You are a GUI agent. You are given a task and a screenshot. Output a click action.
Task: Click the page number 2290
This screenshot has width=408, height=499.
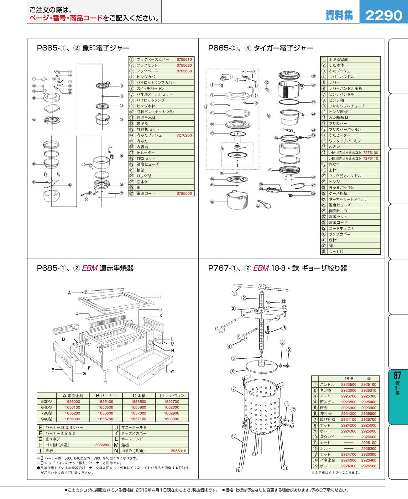383,16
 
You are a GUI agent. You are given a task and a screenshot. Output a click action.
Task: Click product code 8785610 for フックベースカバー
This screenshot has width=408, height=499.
184,60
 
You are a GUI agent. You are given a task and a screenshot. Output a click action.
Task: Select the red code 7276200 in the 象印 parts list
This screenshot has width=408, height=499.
184,135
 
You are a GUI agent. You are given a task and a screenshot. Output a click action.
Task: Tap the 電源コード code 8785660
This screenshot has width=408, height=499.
184,193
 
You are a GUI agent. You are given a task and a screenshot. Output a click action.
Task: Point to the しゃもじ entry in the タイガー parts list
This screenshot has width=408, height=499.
336,252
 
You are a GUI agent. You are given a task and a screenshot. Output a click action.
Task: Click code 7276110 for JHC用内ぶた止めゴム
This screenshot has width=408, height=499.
371,158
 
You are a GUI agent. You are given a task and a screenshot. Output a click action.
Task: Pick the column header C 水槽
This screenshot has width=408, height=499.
139,395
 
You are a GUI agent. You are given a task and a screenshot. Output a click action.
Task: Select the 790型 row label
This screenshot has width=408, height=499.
47,413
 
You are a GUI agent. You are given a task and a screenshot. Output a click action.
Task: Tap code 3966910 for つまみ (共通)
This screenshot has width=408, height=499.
178,451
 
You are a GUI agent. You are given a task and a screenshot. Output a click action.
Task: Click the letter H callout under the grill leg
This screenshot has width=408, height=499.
105,382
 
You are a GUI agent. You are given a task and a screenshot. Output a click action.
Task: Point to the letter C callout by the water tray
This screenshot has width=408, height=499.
173,372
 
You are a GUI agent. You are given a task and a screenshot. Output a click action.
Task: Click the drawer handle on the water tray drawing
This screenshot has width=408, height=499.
157,369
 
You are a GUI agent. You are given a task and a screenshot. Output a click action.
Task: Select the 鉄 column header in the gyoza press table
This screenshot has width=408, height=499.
369,379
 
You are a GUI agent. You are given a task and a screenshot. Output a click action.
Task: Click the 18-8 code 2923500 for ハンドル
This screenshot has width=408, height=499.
348,384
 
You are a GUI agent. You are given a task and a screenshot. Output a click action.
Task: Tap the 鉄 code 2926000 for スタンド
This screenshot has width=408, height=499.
369,437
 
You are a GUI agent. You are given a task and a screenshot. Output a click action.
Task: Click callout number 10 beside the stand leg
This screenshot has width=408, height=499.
234,436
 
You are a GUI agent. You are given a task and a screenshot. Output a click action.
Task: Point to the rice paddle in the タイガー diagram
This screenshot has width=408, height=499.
264,204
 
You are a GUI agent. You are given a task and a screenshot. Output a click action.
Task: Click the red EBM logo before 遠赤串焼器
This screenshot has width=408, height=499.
90,268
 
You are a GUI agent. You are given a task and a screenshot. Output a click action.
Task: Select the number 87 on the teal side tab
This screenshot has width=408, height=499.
397,376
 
